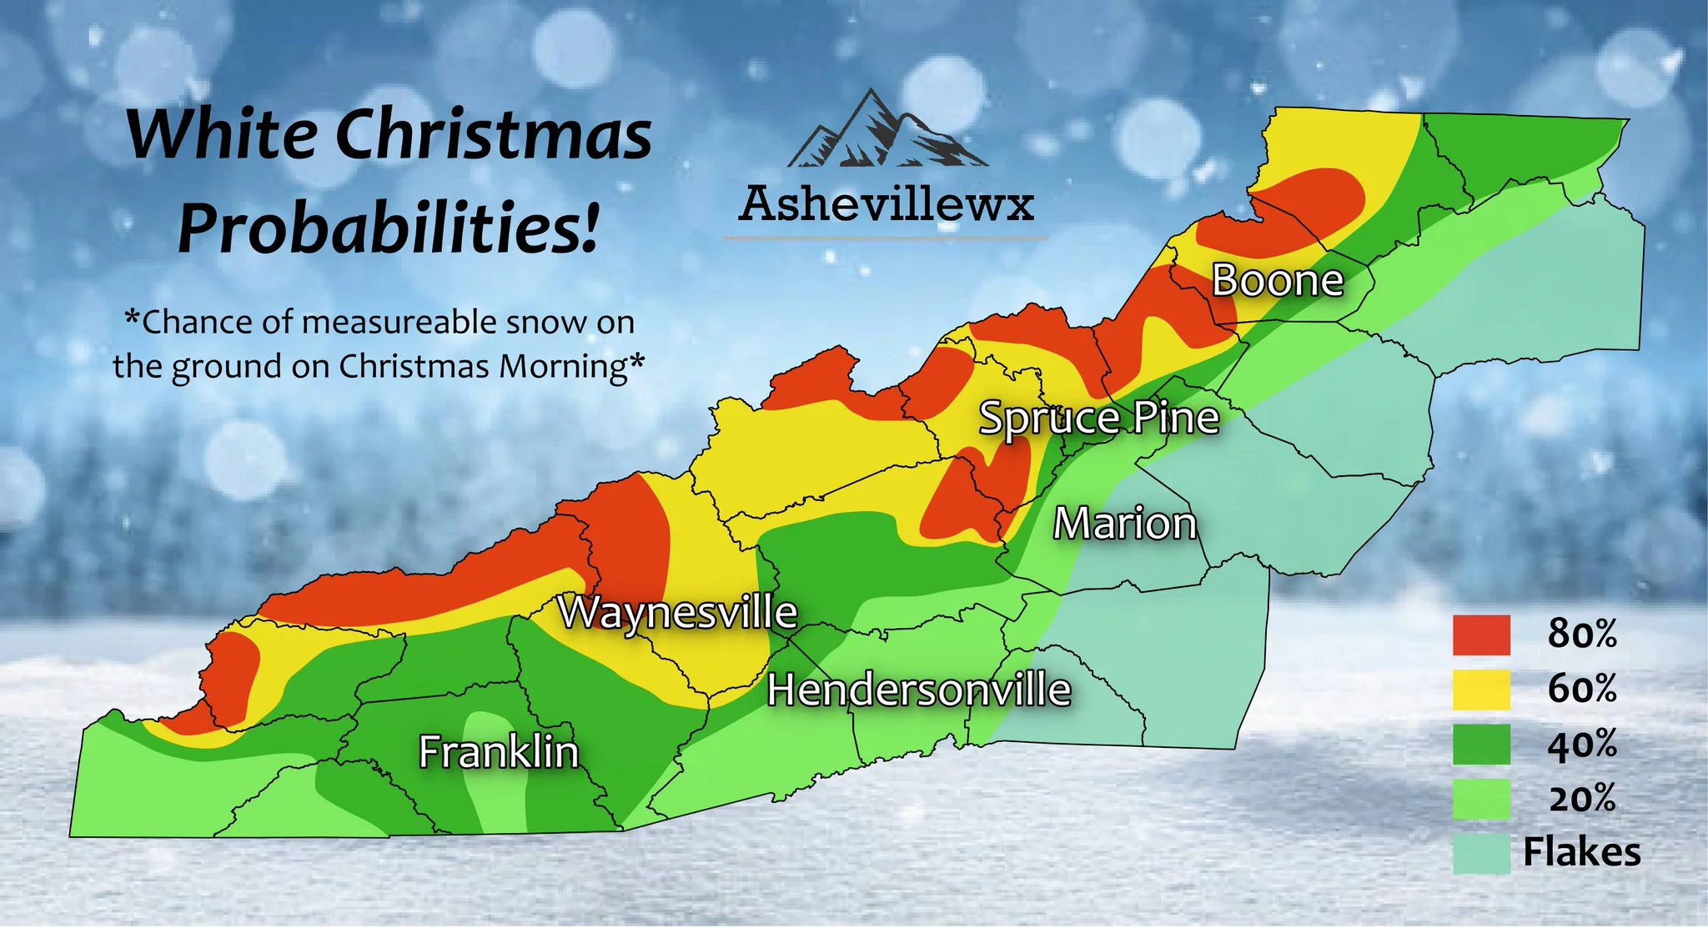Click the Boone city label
tap(1277, 280)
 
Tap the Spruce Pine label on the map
tap(1098, 418)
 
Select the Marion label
tap(1125, 524)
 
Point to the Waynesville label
tap(677, 613)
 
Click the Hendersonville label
tap(918, 690)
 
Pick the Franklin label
tap(498, 751)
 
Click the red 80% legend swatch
tap(1481, 635)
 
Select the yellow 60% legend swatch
tap(1481, 690)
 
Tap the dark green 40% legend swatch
tap(1481, 745)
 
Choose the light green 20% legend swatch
tap(1481, 799)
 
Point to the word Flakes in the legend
tap(1581, 852)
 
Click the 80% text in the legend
tap(1581, 635)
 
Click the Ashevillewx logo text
tap(886, 203)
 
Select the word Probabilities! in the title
tap(388, 228)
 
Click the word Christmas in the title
tap(493, 135)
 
